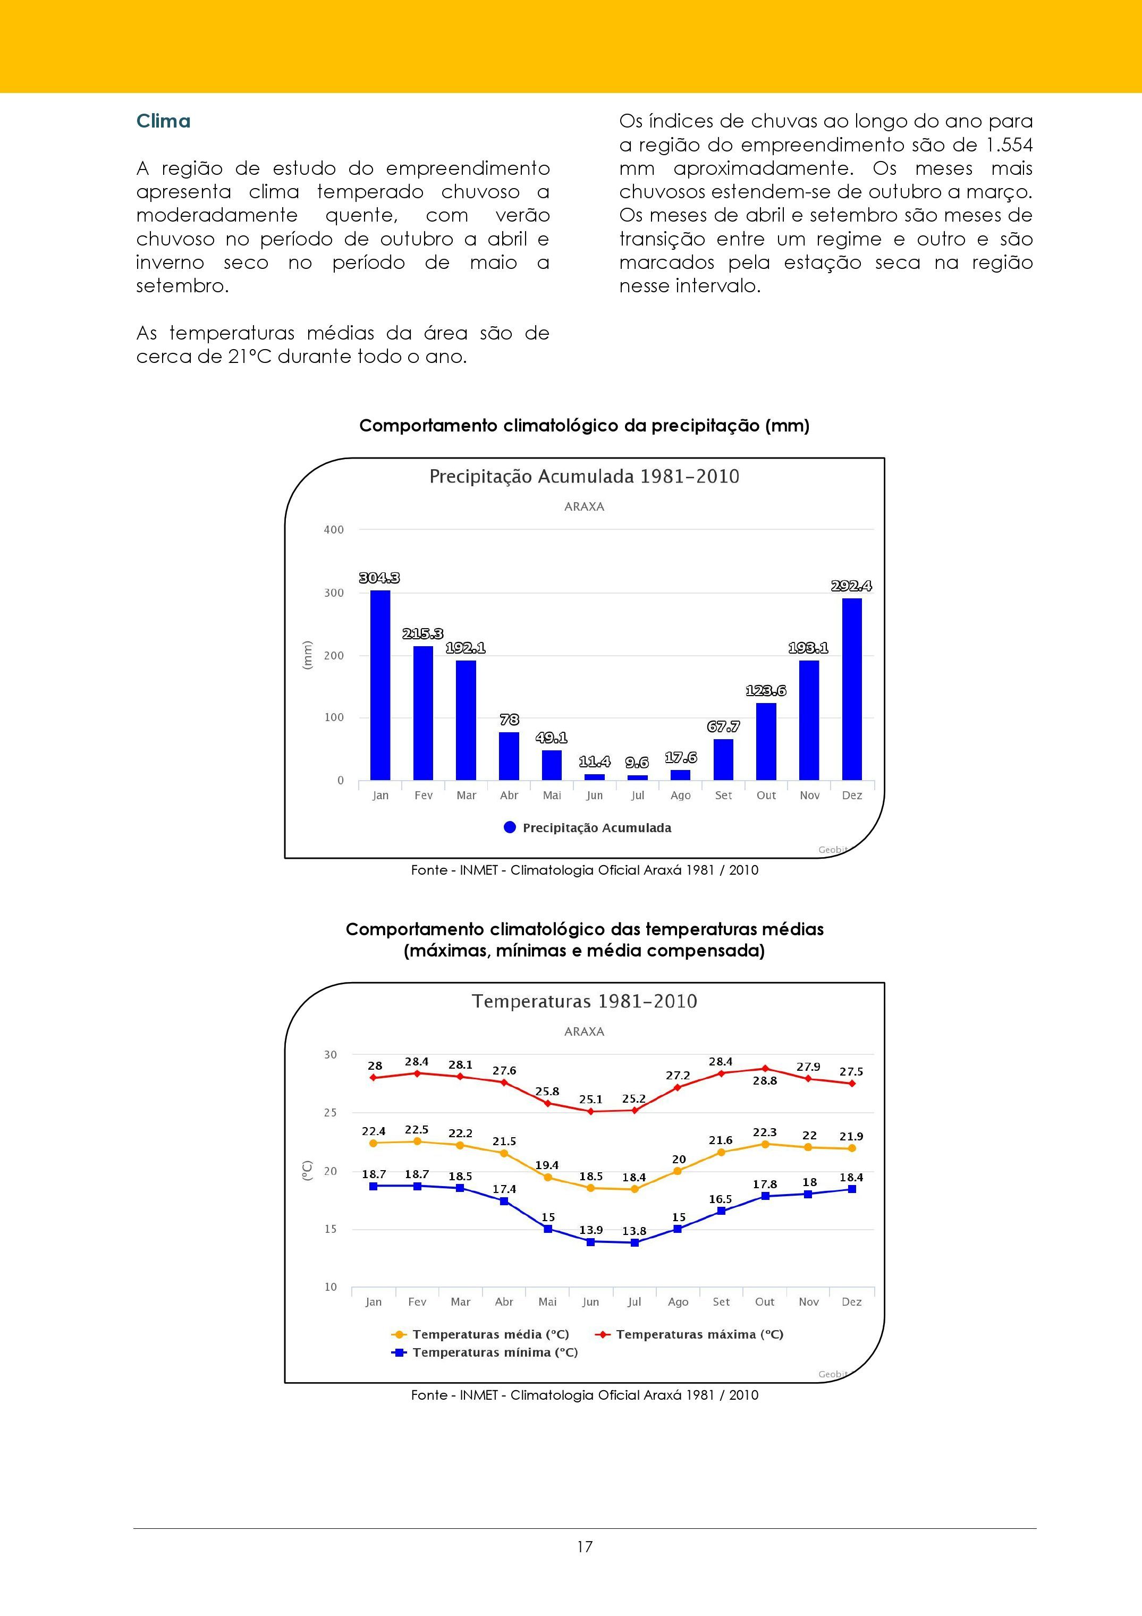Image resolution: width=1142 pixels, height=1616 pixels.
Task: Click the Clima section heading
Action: tap(163, 121)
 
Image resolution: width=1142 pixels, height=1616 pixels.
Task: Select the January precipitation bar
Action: tap(380, 685)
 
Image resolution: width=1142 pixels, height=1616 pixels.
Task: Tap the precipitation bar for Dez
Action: tap(851, 689)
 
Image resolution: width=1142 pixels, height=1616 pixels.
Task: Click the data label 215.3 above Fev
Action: tap(423, 634)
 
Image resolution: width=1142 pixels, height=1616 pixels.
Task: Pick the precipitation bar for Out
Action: tap(766, 742)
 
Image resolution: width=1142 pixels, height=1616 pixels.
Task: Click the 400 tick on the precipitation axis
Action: tap(334, 530)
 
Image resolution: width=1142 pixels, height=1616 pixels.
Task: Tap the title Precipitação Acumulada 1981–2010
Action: tap(584, 477)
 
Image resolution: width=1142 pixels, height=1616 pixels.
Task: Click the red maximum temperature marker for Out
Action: tap(765, 1069)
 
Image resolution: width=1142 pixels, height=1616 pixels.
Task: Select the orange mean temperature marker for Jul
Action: tap(635, 1189)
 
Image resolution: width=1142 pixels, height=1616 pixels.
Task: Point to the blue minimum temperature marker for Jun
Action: tap(591, 1241)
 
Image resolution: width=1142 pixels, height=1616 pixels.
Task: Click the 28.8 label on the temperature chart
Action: tap(765, 1080)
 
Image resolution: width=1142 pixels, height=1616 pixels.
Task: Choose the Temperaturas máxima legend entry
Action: tap(690, 1334)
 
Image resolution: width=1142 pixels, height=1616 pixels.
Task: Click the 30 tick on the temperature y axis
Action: tap(331, 1054)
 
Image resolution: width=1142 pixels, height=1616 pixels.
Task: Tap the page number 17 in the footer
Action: tap(585, 1546)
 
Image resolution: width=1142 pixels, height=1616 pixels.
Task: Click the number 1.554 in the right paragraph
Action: tap(1009, 145)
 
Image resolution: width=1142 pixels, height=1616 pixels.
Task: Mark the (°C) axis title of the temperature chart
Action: tap(307, 1171)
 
